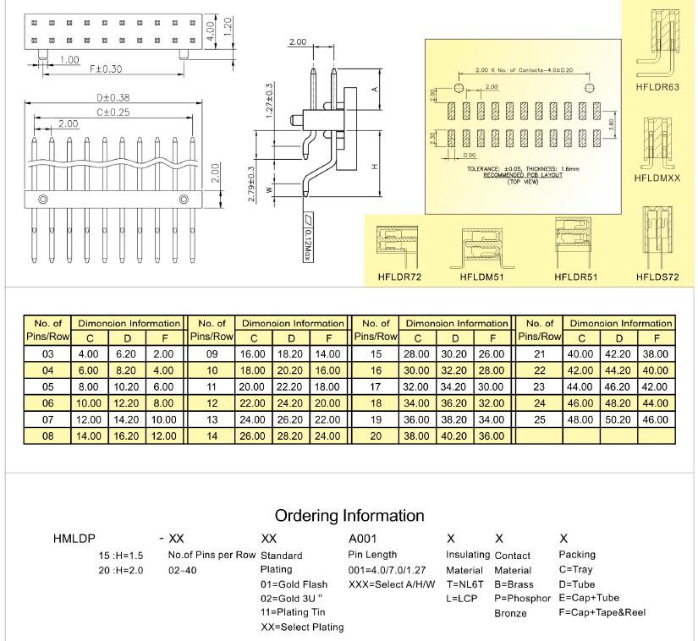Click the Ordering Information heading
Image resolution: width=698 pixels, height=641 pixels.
point(349,515)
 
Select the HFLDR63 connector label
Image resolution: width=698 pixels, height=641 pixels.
point(657,86)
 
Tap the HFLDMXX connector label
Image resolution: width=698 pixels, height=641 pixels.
point(657,178)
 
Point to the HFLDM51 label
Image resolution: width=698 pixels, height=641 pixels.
point(482,277)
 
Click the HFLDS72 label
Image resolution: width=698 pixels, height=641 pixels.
point(657,277)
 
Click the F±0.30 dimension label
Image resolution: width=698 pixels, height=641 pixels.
point(106,68)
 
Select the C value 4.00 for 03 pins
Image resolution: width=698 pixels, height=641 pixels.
point(89,353)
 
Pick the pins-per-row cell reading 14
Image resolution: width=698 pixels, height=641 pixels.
point(212,436)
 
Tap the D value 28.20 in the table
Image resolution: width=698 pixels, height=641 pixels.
point(290,436)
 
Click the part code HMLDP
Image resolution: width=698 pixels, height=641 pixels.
point(74,538)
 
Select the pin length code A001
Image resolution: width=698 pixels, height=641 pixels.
point(363,538)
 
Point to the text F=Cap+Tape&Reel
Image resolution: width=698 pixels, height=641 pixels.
point(602,611)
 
